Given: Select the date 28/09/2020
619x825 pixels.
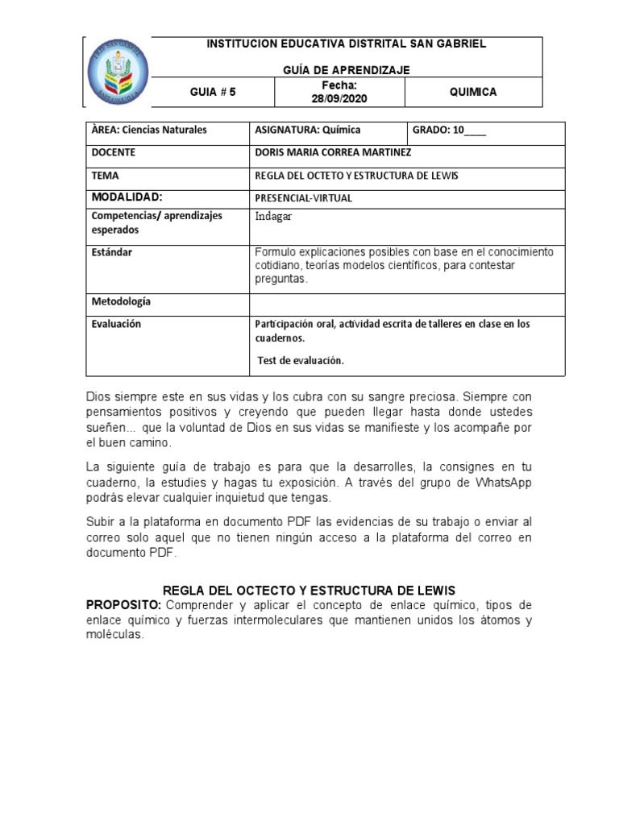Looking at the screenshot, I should [x=339, y=98].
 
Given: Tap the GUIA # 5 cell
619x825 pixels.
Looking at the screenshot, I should [x=213, y=92].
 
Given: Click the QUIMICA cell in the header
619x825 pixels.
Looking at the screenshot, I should [x=473, y=92].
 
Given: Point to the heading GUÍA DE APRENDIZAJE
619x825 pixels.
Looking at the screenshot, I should [x=347, y=70].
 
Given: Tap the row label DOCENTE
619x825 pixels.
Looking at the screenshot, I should [x=114, y=152].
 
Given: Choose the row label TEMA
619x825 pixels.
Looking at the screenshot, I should [x=106, y=175].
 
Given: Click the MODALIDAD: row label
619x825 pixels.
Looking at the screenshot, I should [x=127, y=197].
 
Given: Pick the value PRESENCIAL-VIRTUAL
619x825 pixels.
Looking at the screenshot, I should [x=304, y=197].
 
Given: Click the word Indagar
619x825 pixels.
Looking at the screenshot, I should [x=273, y=216].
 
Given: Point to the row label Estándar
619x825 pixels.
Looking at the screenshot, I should [x=112, y=252].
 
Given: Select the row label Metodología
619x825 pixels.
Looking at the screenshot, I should [x=121, y=301].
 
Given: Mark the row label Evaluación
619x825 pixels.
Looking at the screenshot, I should [x=117, y=324].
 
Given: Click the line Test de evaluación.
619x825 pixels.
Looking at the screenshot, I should [x=301, y=360].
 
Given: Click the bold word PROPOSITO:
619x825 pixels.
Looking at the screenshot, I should [x=123, y=604].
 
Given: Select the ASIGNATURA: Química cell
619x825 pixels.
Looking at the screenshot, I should [x=307, y=130].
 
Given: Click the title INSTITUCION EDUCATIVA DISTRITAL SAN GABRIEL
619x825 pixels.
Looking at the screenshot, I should [x=347, y=44].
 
